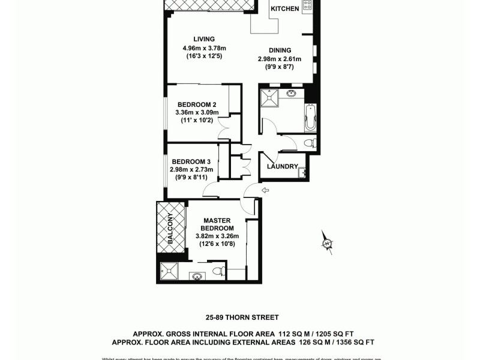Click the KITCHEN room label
(285, 9)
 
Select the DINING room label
(280, 50)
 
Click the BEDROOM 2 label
(197, 104)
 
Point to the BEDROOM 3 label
(191, 161)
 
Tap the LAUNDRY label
(283, 167)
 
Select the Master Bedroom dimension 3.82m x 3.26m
(217, 236)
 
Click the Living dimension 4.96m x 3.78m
(204, 49)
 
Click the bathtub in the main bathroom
(310, 118)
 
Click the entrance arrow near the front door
(265, 190)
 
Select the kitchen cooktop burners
(307, 6)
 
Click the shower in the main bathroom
(269, 98)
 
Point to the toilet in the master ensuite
(219, 271)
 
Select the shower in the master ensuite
(169, 272)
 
